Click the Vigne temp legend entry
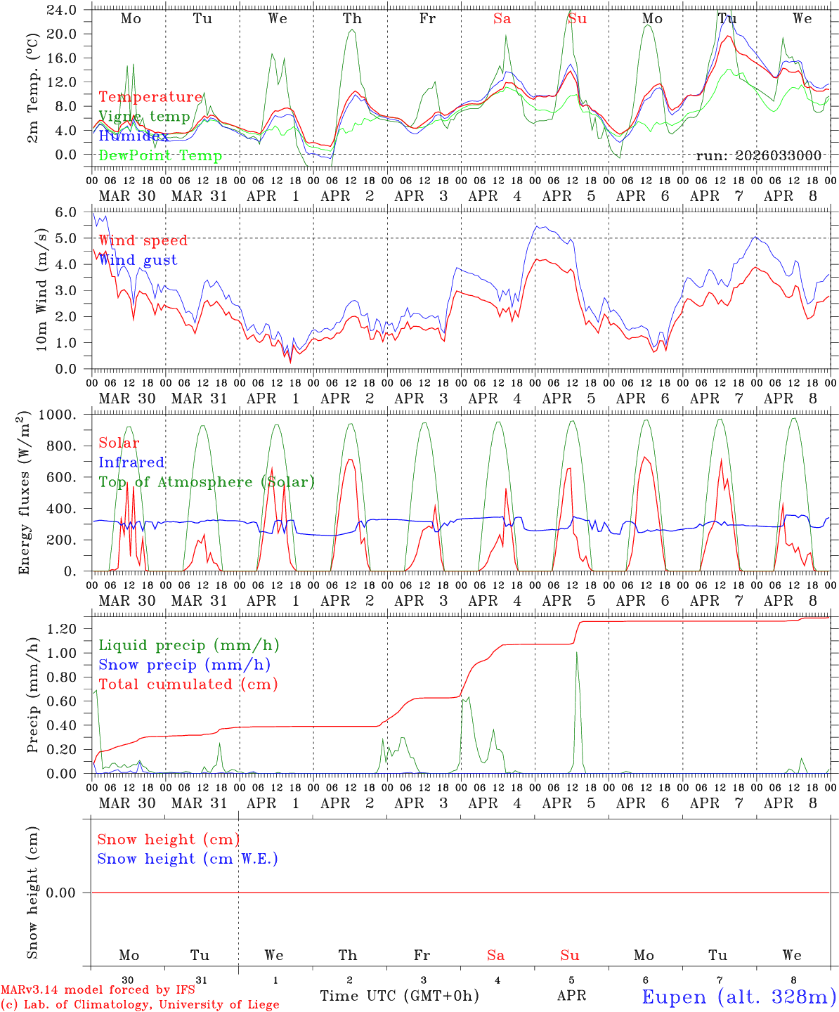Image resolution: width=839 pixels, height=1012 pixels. tap(144, 117)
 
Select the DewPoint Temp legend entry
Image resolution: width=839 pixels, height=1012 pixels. tap(160, 155)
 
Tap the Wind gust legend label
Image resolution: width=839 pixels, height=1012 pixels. tap(138, 260)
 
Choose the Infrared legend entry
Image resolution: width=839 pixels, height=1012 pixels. tap(131, 462)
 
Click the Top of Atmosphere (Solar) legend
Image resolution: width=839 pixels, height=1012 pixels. tap(206, 482)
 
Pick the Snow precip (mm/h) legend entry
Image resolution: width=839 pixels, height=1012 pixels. tap(184, 665)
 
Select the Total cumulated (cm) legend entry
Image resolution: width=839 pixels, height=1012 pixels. tap(188, 684)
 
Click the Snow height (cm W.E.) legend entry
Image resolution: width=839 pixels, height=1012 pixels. tap(187, 859)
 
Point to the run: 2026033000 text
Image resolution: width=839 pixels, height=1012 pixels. tap(758, 155)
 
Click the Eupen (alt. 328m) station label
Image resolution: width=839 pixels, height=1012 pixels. tap(739, 997)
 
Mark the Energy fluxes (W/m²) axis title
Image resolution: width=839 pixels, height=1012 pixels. tap(25, 492)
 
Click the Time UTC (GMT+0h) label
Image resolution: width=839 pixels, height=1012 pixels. tap(399, 996)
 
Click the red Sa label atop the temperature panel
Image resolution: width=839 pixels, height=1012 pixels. tap(502, 19)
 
